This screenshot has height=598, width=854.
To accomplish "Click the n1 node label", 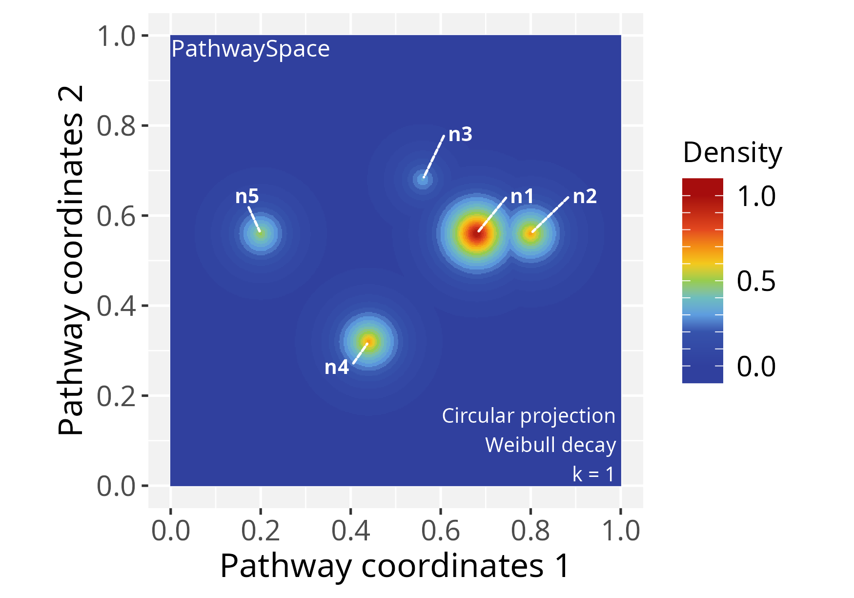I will pos(522,197).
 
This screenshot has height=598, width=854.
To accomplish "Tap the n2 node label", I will pos(585,196).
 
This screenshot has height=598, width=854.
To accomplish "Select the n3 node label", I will pos(460,134).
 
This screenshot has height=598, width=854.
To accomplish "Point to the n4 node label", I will pos(337,367).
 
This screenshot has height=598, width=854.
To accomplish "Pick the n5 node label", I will pos(247,196).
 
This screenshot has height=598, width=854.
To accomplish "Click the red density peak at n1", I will pos(477,234).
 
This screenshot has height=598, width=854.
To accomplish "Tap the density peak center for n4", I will pos(368,342).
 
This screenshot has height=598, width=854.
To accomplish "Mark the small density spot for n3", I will pos(423,180).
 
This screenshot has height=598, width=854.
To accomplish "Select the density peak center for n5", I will pos(261,234).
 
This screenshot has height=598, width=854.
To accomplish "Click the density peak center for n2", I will pos(530,234).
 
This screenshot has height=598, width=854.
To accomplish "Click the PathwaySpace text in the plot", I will pos(250,49).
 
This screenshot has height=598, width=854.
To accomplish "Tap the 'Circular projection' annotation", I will pos(529,416).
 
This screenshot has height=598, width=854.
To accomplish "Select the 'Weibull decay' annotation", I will pos(550,445).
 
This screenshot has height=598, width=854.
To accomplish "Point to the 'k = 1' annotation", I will pos(593,474).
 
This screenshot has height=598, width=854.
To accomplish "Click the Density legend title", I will pos(732,153).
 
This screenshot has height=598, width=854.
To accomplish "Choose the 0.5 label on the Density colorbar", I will pos(756,282).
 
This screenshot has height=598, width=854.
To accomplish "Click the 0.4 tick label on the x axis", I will pos(350,531).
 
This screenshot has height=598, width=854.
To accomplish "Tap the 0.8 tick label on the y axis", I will pos(116,126).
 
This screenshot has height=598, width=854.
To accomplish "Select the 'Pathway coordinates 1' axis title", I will pos(395,566).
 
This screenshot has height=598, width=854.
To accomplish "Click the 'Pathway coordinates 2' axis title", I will pos(71,260).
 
